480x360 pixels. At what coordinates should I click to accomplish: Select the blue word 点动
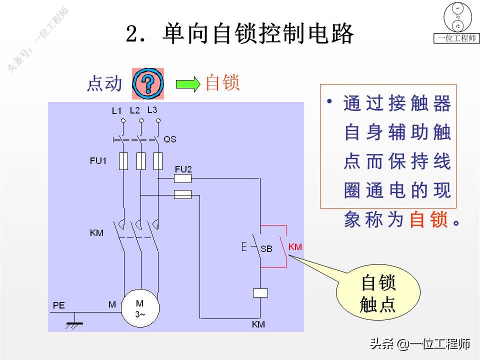pos(104,84)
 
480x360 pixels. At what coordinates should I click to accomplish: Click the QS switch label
pos(170,139)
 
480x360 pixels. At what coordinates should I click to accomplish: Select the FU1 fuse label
pos(98,161)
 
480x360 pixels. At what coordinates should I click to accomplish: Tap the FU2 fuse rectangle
pos(182,177)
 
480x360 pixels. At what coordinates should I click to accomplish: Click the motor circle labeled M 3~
pos(139,308)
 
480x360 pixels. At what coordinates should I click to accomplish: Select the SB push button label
pos(266,248)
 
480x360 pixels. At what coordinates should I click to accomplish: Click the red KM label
pos(295,247)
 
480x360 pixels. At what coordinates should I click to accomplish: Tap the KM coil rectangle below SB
pos(260,292)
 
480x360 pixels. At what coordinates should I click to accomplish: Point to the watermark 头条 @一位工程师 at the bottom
pos(420,344)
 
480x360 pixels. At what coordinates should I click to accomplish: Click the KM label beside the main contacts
pos(97,233)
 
